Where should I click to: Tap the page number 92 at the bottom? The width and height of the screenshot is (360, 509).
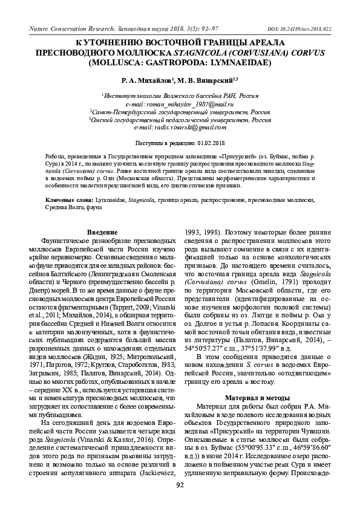click(180, 485)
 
